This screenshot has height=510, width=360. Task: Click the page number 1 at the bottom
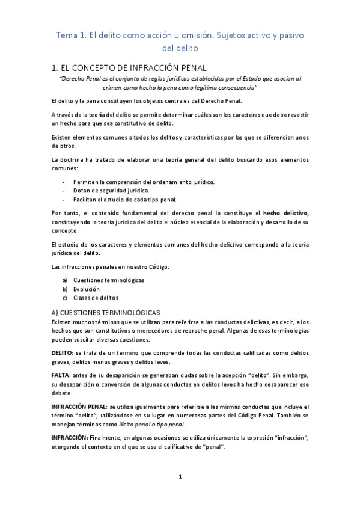(x=180, y=477)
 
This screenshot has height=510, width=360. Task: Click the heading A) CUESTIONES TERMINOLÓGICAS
(x=105, y=313)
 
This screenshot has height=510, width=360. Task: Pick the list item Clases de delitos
(x=96, y=298)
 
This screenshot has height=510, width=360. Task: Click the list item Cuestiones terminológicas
(x=108, y=280)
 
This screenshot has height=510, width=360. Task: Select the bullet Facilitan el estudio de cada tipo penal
(x=124, y=199)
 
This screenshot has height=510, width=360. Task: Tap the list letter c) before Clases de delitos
(x=65, y=298)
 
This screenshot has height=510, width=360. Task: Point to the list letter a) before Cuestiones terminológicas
(x=65, y=280)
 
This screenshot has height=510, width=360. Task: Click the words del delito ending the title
(x=180, y=48)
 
